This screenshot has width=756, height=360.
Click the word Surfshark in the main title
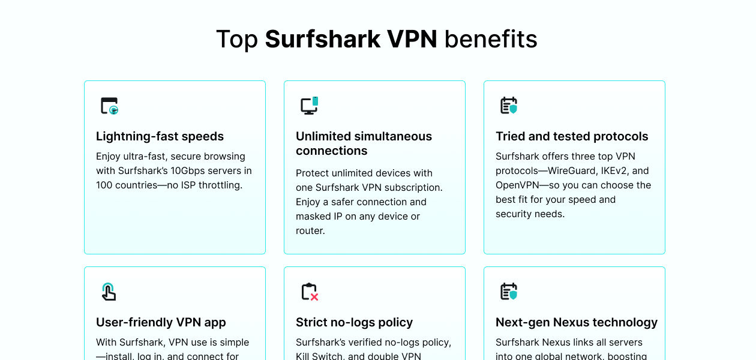322,40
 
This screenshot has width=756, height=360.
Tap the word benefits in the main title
491,40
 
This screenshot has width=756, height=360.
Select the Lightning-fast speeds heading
160,136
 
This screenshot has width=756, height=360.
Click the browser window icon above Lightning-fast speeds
109,106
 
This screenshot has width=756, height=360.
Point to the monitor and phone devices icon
310,106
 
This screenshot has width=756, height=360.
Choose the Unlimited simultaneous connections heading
364,143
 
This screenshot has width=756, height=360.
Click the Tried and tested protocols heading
572,136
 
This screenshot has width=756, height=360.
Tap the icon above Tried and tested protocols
509,106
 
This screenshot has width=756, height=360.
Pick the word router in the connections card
310,230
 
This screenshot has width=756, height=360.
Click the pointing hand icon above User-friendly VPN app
109,292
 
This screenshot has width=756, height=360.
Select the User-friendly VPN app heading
161,322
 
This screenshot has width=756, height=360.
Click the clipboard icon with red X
310,292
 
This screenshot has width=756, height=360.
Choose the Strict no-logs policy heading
354,322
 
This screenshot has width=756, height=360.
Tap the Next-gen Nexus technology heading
577,322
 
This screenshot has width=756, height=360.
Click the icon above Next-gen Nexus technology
509,292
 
